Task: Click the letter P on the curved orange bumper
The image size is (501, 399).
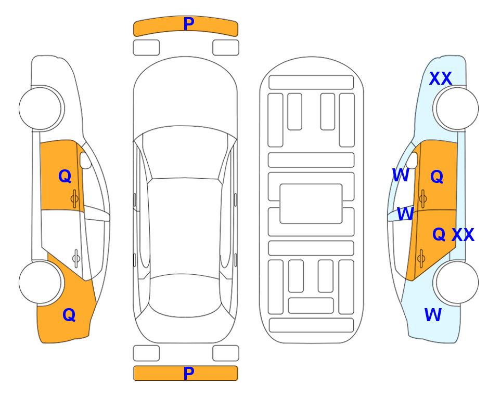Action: pyautogui.click(x=189, y=24)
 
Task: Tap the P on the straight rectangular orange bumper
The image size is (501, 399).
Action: pyautogui.click(x=189, y=373)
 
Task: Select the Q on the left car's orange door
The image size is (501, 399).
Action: pyautogui.click(x=65, y=176)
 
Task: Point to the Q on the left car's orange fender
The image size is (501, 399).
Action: pyautogui.click(x=69, y=315)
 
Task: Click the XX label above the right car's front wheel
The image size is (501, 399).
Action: pyautogui.click(x=440, y=78)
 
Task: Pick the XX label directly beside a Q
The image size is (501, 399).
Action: pyautogui.click(x=463, y=235)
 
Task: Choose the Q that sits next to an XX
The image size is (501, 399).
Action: pyautogui.click(x=439, y=234)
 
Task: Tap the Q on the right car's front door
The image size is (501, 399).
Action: pyautogui.click(x=437, y=177)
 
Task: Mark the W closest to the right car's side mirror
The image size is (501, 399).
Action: pyautogui.click(x=401, y=175)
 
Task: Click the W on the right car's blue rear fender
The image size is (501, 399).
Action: pyautogui.click(x=433, y=315)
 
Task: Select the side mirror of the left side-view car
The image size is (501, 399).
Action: pyautogui.click(x=85, y=160)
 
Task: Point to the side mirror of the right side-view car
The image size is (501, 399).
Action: pyautogui.click(x=412, y=160)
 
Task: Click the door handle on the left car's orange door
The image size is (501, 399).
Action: pyautogui.click(x=75, y=198)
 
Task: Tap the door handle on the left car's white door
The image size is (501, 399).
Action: pyautogui.click(x=76, y=258)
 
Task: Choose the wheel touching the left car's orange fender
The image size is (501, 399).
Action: pyautogui.click(x=40, y=283)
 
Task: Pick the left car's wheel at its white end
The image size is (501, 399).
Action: pyautogui.click(x=40, y=108)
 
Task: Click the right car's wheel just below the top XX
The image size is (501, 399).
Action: pyautogui.click(x=457, y=108)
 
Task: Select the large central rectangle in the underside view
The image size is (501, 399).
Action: pyautogui.click(x=311, y=204)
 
